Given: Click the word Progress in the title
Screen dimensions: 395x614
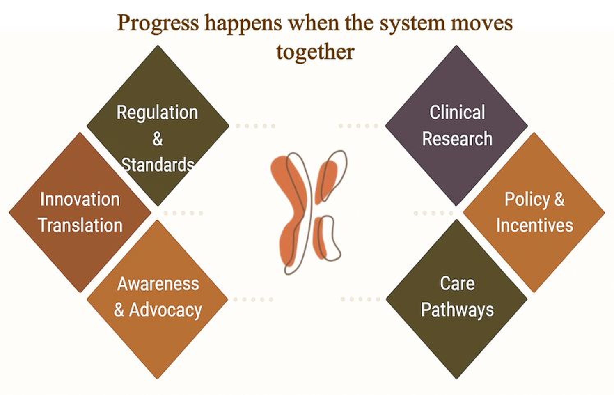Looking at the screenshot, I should click(158, 23).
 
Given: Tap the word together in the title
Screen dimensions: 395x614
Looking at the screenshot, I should click(315, 52).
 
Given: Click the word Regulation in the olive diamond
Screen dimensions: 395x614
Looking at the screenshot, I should click(157, 113).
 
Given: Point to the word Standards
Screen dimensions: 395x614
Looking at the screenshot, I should click(158, 165).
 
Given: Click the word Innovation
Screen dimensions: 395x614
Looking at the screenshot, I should click(80, 200).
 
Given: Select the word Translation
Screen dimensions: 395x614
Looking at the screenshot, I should click(80, 225).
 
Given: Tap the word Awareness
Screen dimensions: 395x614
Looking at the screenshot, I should click(158, 284).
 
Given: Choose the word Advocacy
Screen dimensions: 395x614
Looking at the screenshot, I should click(165, 310).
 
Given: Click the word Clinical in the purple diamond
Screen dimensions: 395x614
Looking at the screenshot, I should click(457, 113).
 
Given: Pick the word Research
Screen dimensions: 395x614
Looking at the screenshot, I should click(457, 139).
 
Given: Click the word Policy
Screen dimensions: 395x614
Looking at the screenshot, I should click(527, 200).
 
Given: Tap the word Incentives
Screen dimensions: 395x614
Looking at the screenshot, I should click(534, 225).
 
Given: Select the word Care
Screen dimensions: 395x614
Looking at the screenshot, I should click(457, 283).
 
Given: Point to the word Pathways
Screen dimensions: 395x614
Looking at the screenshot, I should click(457, 310).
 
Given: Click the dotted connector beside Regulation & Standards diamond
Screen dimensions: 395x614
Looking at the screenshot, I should click(255, 126).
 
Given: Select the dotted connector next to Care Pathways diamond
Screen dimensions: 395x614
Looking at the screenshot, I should click(360, 299).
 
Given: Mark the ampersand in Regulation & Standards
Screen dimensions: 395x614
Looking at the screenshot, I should click(158, 139).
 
